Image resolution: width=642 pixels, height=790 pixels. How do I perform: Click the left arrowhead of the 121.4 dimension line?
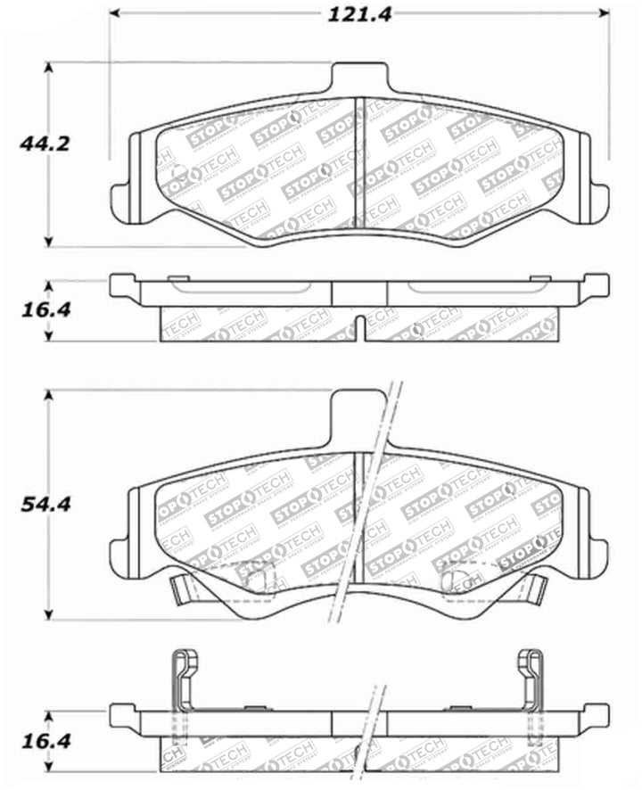(x=116, y=14)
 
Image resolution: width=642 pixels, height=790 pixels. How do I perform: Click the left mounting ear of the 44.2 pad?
(x=122, y=200)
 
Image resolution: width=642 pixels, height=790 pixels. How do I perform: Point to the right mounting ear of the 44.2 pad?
(x=597, y=200)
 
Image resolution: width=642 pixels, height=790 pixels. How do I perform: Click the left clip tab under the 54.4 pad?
(x=183, y=588)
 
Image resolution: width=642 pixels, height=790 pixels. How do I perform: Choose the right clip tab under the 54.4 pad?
(x=535, y=588)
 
